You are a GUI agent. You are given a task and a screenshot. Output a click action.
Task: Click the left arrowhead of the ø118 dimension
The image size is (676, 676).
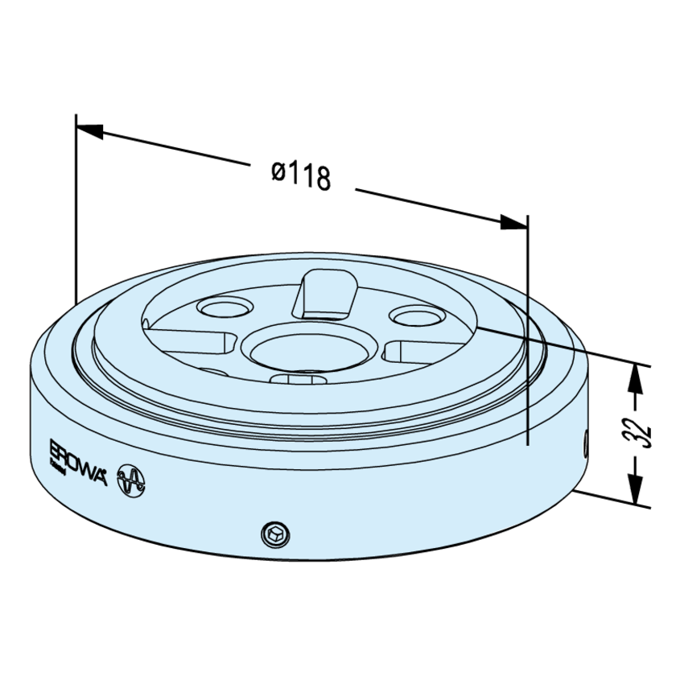(x=89, y=128)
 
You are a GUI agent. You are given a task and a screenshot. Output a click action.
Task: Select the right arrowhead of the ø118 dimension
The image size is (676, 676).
(x=514, y=223)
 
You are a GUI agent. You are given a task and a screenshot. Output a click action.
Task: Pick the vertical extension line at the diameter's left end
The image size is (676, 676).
(x=76, y=209)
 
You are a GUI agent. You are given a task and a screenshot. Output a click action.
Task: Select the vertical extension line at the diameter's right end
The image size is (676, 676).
(x=527, y=330)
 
